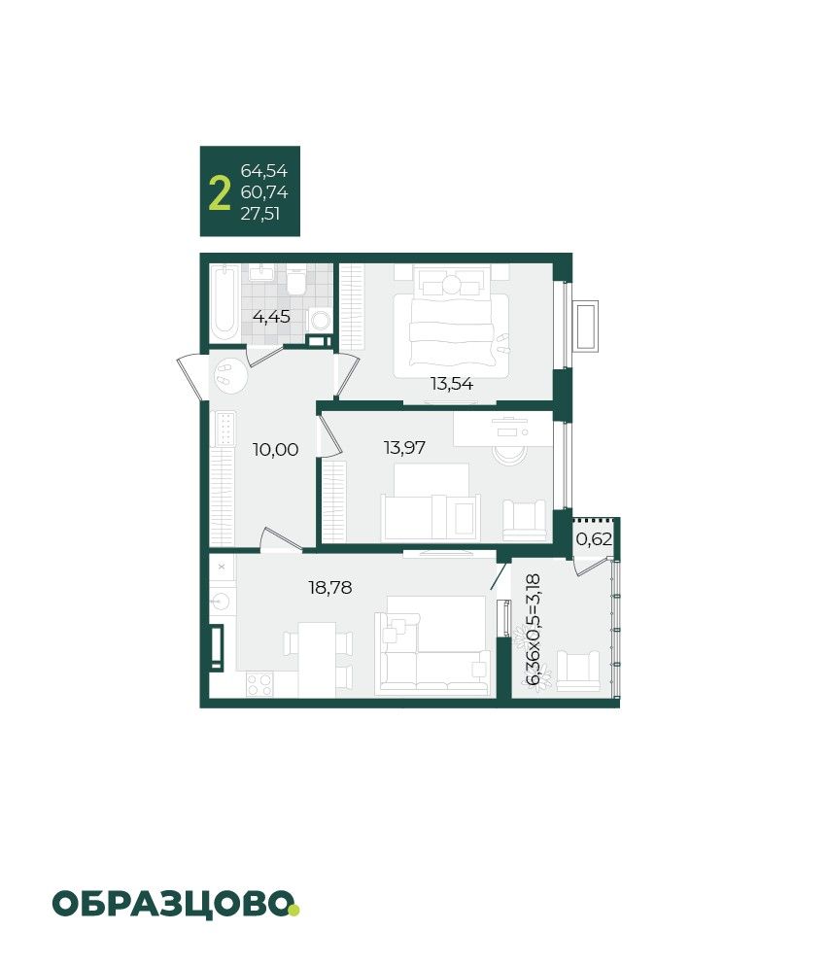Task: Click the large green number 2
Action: [220, 193]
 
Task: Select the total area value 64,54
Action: [264, 171]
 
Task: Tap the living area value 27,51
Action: [260, 214]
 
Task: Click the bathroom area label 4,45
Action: [271, 317]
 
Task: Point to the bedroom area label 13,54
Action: [452, 384]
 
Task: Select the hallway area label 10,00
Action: [276, 450]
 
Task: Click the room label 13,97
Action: [404, 448]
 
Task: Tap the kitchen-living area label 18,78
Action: [330, 588]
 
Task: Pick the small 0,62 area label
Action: [594, 539]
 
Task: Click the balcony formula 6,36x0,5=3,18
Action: [533, 629]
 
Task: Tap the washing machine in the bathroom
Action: [321, 320]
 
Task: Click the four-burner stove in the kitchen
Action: [259, 685]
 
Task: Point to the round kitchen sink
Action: [221, 599]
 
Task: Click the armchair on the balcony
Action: [578, 671]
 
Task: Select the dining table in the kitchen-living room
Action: [318, 660]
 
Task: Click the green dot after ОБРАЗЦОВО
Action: [294, 910]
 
